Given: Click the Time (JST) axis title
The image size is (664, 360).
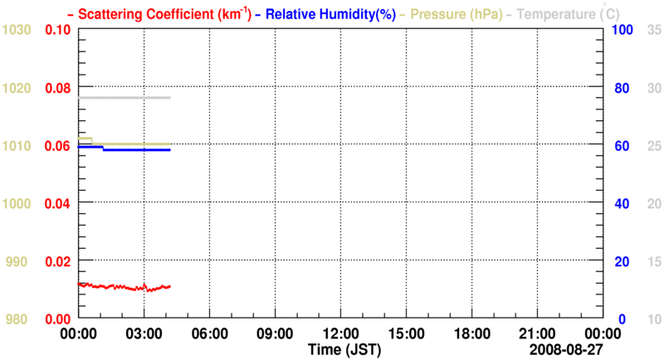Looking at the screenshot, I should [346, 351].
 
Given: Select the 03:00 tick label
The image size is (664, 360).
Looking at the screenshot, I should [144, 333].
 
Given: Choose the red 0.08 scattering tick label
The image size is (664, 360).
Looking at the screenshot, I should [56, 88].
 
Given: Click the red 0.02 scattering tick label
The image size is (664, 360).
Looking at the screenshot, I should [56, 261].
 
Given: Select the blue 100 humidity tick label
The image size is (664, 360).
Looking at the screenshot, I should [623, 30].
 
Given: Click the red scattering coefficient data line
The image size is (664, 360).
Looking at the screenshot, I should [116, 287].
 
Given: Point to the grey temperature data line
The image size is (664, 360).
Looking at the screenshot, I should [124, 98].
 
